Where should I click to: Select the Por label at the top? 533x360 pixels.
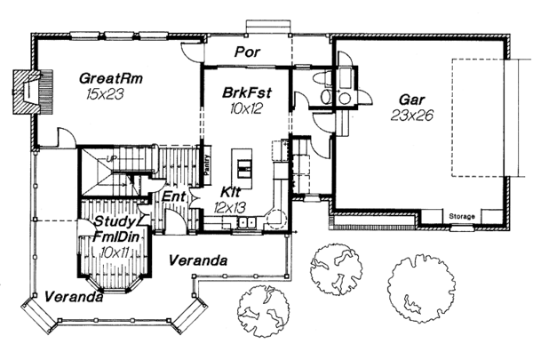click(247, 52)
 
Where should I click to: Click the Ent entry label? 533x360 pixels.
click(174, 196)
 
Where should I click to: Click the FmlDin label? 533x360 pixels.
click(113, 237)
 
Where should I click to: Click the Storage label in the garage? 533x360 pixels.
click(462, 217)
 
